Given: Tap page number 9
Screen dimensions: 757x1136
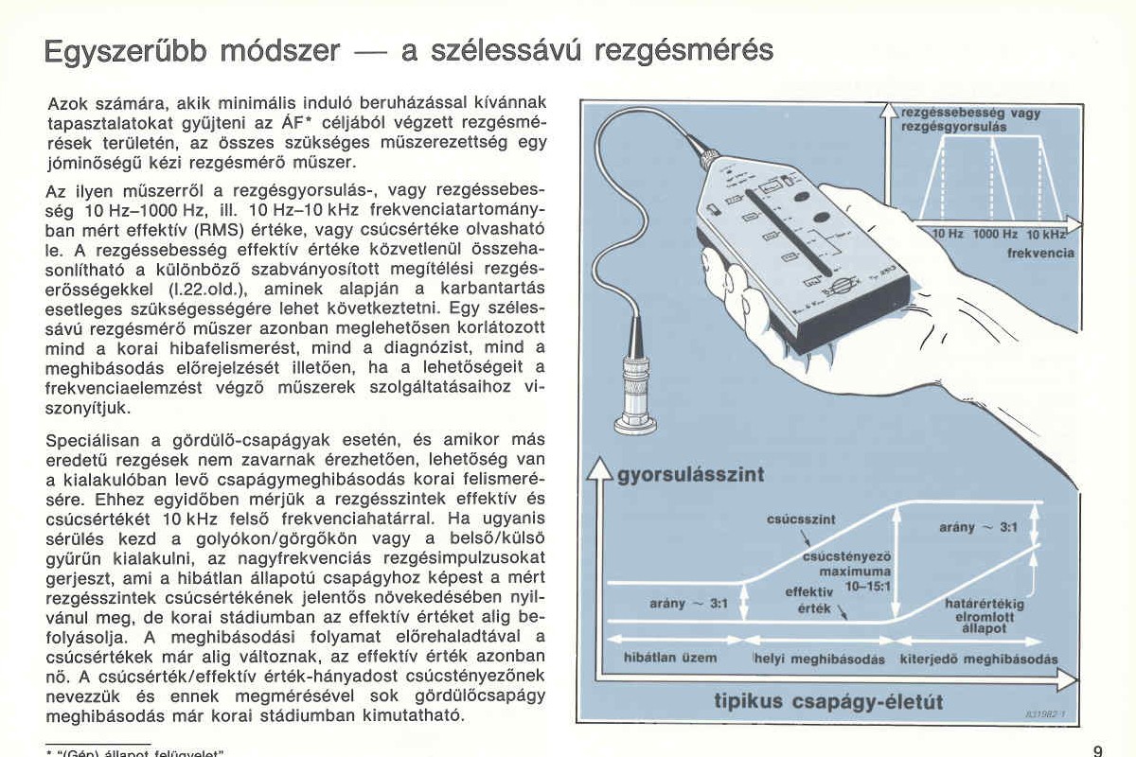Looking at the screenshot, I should tap(1097, 750).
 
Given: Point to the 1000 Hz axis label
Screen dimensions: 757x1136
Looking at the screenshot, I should tap(995, 234).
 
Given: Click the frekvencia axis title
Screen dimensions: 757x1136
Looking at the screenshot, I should tap(1040, 253).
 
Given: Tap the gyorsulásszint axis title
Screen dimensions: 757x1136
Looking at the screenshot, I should tap(690, 474).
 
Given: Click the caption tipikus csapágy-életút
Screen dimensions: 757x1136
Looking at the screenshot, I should tap(828, 702).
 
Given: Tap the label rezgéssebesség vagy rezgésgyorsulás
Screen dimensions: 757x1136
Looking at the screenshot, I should tap(970, 119).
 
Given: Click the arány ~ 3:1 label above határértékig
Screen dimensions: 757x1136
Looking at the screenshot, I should tap(978, 527).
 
